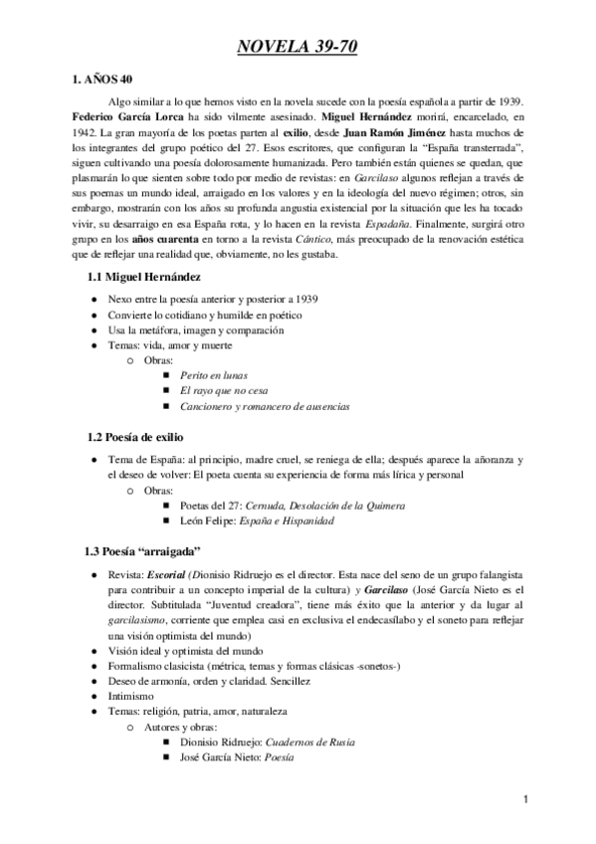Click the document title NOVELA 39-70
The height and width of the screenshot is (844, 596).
298,46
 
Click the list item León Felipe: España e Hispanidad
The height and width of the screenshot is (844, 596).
257,521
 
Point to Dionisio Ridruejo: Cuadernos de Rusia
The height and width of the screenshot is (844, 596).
268,742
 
